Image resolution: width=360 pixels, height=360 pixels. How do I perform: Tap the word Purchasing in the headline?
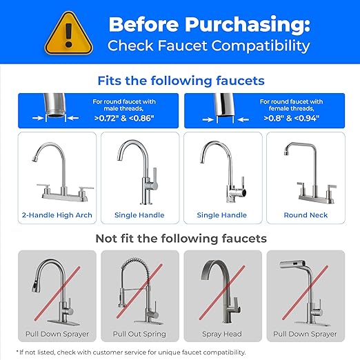(x=254, y=26)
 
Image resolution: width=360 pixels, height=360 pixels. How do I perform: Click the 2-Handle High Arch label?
(x=57, y=214)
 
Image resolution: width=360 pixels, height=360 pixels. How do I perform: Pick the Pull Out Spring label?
(x=141, y=333)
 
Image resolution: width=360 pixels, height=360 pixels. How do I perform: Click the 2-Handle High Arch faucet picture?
(x=57, y=172)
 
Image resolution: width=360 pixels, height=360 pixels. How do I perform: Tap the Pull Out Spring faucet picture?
(x=140, y=290)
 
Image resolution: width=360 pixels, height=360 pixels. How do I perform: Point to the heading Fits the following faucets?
(x=181, y=81)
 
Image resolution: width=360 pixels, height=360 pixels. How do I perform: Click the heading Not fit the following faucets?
(x=181, y=239)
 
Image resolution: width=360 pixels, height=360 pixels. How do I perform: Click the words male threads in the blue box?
(x=125, y=109)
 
